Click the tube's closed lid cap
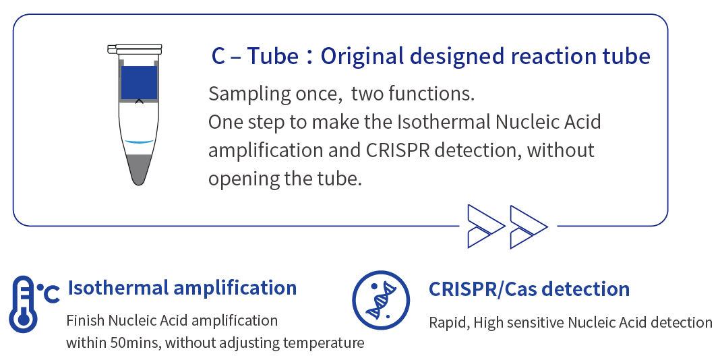click(x=135, y=49)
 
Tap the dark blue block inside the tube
click(x=139, y=83)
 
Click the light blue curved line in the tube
click(x=139, y=142)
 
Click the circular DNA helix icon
click(x=381, y=300)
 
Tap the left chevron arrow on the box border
click(x=485, y=227)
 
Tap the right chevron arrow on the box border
click(x=528, y=227)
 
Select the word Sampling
click(x=249, y=94)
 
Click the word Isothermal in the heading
click(x=118, y=288)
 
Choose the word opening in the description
click(x=244, y=179)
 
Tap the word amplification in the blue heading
click(x=235, y=289)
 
